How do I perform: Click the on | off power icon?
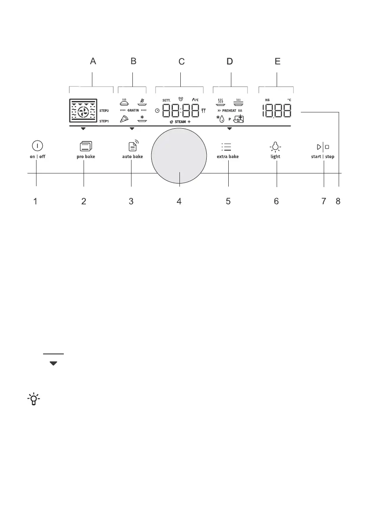coord(37,146)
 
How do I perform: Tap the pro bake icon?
coord(86,146)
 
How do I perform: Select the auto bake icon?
coord(133,145)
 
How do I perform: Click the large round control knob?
coord(179,156)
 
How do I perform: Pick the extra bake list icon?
coord(227,147)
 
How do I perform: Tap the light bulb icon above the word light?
coord(275,147)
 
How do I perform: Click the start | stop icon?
coord(323,147)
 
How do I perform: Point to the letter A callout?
coord(93,61)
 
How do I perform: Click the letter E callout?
coord(278,61)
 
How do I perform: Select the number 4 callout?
coord(179,201)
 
